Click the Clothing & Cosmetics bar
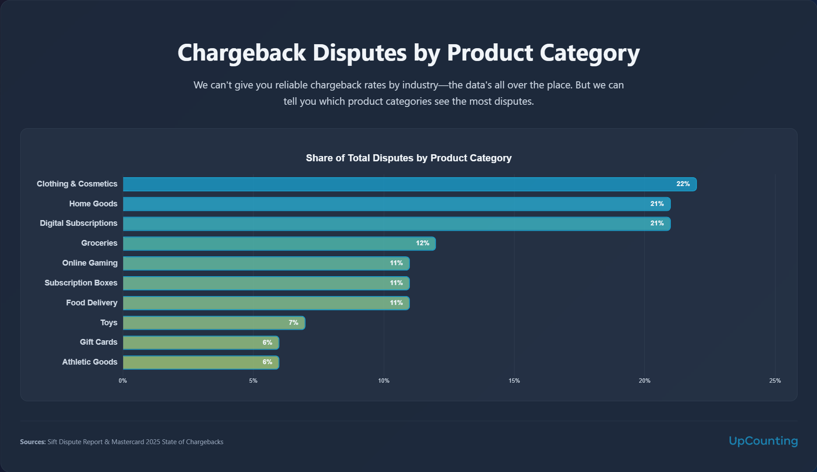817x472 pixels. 409,184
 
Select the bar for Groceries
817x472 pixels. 279,244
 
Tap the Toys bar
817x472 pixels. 214,323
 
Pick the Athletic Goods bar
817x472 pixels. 201,362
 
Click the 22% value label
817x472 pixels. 683,184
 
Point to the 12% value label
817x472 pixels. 422,243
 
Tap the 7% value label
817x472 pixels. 293,323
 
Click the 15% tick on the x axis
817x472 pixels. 514,381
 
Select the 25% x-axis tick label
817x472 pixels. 775,381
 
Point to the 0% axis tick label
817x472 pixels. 123,381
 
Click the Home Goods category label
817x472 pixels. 93,204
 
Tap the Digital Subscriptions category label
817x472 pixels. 79,223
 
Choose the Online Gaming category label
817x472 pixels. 90,263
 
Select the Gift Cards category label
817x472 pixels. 98,342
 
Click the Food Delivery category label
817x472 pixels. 92,303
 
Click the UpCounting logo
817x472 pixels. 763,441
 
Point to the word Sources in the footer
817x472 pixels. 33,442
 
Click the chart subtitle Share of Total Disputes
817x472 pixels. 408,158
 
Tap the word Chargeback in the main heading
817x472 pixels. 242,53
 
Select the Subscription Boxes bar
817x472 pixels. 266,283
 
